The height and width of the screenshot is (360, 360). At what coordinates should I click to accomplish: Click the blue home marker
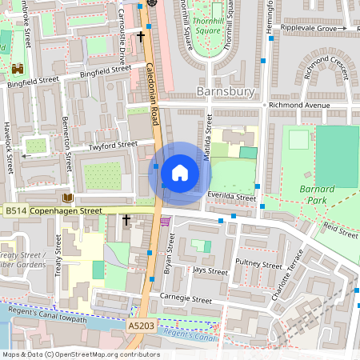[180, 173]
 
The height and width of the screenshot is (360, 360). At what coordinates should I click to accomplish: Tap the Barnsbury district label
[225, 92]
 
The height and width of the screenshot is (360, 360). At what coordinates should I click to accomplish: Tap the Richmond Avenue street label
[299, 105]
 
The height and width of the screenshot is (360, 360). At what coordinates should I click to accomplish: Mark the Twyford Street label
[114, 146]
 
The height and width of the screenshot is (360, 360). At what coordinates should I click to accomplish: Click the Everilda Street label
[232, 197]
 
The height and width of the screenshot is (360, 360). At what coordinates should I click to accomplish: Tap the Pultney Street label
[258, 265]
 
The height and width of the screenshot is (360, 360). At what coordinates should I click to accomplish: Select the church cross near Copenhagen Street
[126, 218]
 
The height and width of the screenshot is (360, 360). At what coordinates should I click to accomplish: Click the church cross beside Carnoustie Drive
[141, 36]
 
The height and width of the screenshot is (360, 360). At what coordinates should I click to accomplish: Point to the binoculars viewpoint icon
[18, 69]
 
